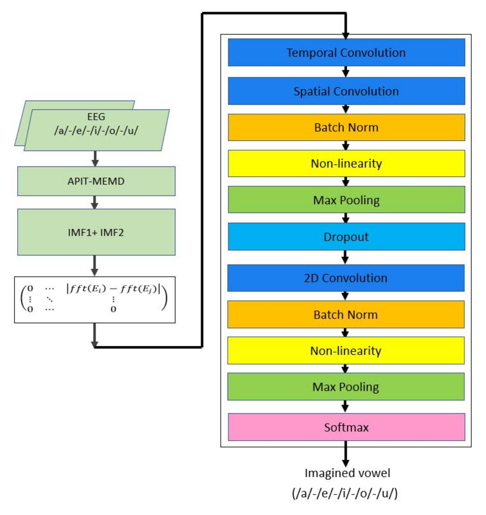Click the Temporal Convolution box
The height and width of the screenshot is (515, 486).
(346, 52)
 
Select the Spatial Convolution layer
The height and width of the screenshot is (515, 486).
(346, 91)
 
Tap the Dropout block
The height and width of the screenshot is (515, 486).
(346, 237)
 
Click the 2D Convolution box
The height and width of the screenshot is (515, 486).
(346, 278)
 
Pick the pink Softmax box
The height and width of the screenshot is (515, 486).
(346, 427)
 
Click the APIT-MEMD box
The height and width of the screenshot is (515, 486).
(96, 181)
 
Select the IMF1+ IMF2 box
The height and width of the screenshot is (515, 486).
(96, 232)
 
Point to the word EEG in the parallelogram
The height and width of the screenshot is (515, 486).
(96, 117)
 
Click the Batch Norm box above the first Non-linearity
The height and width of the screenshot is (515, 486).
(346, 128)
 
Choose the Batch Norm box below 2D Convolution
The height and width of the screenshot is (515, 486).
(346, 315)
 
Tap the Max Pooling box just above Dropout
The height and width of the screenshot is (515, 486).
(346, 200)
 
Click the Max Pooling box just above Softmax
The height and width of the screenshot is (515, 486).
(346, 387)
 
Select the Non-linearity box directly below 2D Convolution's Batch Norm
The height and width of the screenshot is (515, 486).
(346, 351)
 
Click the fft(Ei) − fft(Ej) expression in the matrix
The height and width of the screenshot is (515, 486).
(113, 289)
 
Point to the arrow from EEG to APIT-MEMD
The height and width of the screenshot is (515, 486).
(95, 158)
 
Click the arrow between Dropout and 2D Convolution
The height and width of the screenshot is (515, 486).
(345, 257)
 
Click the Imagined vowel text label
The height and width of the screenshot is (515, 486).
(347, 473)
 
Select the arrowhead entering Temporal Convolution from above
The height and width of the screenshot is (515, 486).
(346, 36)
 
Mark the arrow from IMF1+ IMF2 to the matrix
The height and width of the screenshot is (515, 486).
(95, 266)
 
